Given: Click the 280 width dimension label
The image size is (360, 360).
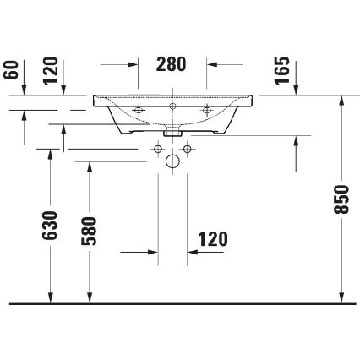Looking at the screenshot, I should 172,64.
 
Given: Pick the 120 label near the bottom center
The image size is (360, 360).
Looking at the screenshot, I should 212,239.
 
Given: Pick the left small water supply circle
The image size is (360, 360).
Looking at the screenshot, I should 158,149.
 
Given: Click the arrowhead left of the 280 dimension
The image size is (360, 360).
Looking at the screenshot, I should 134,64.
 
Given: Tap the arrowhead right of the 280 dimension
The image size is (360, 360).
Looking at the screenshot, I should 210,64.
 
